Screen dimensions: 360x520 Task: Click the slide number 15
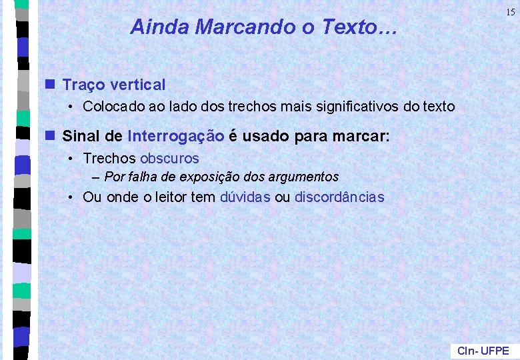pos(509,12)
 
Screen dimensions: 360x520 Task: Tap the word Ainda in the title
pos(151,27)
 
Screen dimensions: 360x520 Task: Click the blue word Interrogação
pos(175,137)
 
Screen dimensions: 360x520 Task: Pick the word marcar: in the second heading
pos(365,137)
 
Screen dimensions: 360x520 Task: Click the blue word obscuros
pos(169,159)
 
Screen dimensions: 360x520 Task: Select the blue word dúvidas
pos(245,197)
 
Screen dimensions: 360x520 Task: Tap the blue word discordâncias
pos(339,197)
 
